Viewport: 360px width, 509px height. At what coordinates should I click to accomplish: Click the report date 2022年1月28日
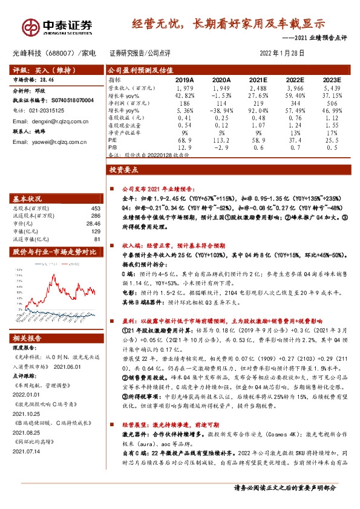click(281, 53)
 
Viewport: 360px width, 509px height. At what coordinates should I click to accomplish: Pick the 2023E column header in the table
click(332, 79)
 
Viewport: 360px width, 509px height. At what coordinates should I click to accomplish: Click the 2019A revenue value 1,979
click(184, 88)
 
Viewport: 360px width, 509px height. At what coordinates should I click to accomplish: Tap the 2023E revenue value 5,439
click(332, 88)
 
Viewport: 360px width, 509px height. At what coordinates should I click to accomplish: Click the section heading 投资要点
click(125, 172)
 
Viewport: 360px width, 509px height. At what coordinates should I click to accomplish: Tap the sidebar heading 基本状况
click(28, 199)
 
